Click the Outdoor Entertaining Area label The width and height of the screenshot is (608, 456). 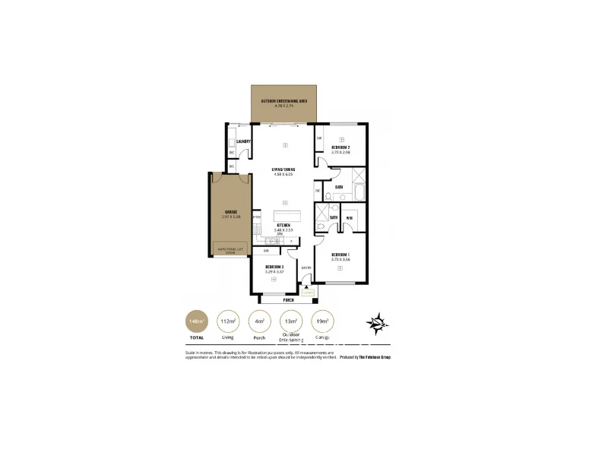(283, 100)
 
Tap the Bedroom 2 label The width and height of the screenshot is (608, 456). (340, 147)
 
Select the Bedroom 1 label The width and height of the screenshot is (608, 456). (340, 254)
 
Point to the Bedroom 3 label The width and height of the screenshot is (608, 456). (274, 267)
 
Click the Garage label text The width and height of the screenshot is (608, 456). (230, 212)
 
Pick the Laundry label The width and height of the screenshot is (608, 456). (244, 141)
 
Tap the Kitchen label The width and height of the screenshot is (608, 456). (283, 226)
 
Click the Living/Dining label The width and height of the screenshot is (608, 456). (283, 169)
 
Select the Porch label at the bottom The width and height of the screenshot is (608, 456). (289, 300)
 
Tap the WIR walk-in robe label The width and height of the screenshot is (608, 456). (349, 219)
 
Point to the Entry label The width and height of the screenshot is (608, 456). (306, 267)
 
